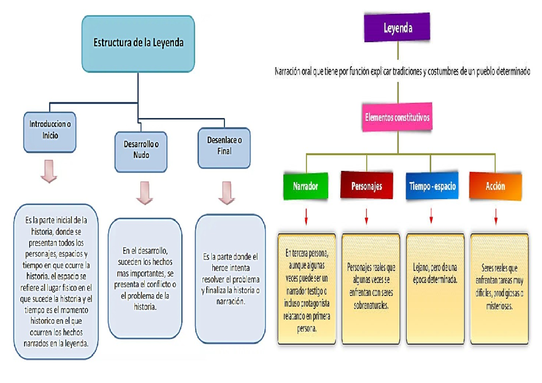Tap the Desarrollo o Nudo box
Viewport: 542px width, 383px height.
coord(141,151)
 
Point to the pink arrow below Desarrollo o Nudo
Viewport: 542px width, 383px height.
coord(145,193)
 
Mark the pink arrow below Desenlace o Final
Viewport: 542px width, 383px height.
coord(226,193)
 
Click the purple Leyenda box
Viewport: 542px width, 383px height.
coord(397,29)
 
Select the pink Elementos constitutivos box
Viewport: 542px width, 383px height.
coord(397,117)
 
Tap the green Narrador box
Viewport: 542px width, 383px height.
coord(306,186)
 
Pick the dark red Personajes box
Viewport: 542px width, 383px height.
coord(366,186)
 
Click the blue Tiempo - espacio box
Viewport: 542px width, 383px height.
coord(432,186)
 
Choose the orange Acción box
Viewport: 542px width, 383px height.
coord(495,186)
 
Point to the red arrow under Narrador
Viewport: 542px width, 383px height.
coord(306,217)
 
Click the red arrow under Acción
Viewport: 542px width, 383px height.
coord(496,217)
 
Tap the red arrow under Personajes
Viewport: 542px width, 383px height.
coord(366,217)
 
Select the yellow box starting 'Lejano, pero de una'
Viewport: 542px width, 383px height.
coord(435,289)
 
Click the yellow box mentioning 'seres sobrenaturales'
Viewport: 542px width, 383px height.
coord(371,289)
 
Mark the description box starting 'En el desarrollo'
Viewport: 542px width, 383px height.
coord(145,278)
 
